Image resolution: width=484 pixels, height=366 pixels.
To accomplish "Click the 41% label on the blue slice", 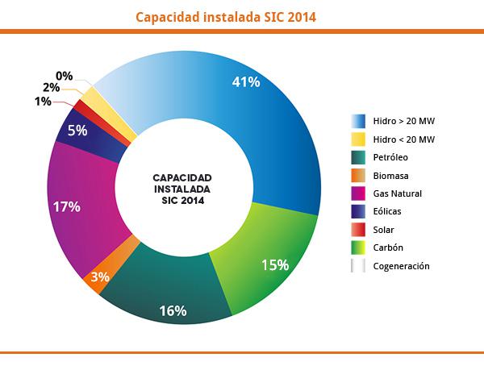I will [245, 81].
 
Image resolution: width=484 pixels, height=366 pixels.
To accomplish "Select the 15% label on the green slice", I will [275, 264].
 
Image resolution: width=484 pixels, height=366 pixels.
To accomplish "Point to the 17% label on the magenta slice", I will [66, 206].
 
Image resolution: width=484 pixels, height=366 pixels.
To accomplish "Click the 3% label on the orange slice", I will [100, 277].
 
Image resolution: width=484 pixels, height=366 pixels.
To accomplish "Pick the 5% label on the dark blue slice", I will [77, 130].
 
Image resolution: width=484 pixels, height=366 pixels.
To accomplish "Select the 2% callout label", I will [52, 87].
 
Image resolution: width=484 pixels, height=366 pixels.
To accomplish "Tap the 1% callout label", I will [44, 101].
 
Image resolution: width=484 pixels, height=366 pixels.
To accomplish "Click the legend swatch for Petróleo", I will [357, 158].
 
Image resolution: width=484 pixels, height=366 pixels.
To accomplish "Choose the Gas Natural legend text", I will [398, 194].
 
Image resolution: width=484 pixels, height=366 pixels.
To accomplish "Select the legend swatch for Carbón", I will [357, 247].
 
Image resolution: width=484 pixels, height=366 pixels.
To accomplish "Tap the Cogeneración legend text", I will [401, 266].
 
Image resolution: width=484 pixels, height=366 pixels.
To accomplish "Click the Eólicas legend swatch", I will [357, 212].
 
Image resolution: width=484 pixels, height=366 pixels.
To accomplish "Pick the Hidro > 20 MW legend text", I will [404, 122].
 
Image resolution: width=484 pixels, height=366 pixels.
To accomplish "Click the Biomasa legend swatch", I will [357, 176].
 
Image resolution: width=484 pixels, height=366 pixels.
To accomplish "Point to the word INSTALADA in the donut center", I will [182, 189].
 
